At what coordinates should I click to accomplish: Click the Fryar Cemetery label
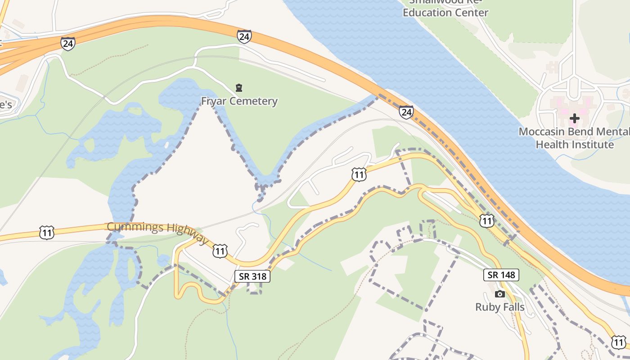coord(239,101)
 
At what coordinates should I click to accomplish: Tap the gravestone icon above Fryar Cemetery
coord(239,87)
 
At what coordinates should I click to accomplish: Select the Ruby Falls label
coord(500,307)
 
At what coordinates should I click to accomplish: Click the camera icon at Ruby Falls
coord(499,294)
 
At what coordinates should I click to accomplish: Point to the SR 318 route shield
coord(252,276)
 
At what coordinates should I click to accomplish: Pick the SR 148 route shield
coord(501,274)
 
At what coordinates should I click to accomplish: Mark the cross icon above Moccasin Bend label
coord(574,119)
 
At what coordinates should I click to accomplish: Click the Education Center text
coord(445,13)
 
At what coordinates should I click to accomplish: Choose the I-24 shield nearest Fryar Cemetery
coord(244,36)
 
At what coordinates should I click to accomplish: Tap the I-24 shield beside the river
coord(406,112)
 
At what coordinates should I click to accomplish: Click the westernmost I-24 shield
coord(67,44)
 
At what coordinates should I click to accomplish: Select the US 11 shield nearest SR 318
coord(220,251)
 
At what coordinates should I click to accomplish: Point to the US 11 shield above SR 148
coord(486,220)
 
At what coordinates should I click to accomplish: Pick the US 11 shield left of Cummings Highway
coord(47,232)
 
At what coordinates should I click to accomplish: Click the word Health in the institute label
coord(554,145)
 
